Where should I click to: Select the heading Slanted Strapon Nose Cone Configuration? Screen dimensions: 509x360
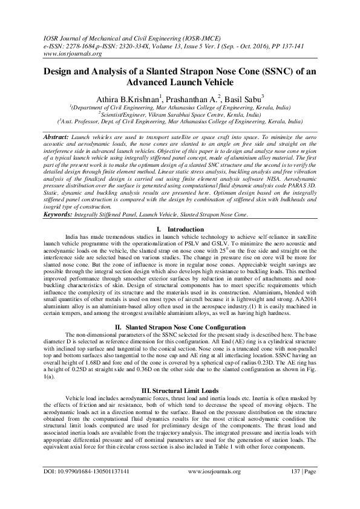click(188, 310)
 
